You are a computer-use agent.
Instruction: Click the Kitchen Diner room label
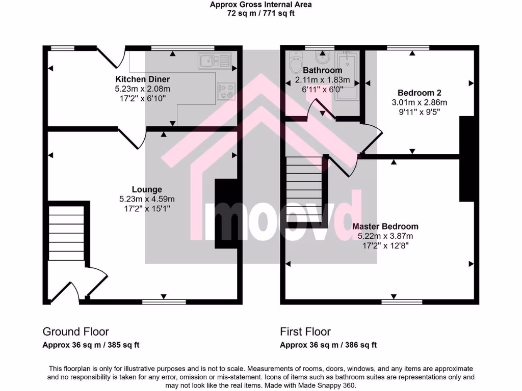tap(142, 79)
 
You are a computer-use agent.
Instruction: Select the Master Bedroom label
tap(385, 227)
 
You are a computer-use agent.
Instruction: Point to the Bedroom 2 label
tap(419, 93)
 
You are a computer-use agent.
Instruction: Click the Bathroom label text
tap(322, 70)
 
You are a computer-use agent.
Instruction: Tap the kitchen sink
tap(214, 61)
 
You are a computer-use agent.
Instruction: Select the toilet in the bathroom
tap(295, 64)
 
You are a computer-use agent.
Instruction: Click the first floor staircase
tap(304, 190)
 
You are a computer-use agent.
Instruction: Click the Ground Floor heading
tap(75, 332)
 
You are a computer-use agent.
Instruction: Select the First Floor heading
tap(305, 332)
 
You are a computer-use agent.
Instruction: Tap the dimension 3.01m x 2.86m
tap(419, 102)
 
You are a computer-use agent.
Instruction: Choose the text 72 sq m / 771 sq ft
tap(261, 14)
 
